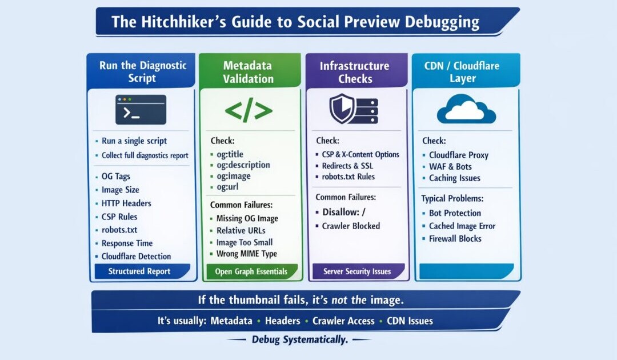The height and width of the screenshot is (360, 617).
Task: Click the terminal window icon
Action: point(141,110)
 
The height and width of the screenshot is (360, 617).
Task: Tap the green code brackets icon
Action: point(248,111)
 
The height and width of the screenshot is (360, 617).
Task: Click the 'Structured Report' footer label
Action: point(139,271)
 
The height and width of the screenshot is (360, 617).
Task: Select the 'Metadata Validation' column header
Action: point(248,72)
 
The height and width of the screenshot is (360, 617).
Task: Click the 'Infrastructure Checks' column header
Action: point(355,72)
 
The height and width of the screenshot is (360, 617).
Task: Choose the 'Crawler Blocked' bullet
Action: point(351,226)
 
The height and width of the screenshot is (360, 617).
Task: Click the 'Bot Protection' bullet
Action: point(455,213)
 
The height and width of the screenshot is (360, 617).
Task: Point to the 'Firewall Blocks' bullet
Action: point(455,239)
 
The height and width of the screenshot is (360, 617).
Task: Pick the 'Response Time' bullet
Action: point(126,243)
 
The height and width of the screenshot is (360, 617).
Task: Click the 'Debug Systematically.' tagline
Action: point(299,340)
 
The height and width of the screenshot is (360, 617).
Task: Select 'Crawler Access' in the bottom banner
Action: point(343,321)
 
